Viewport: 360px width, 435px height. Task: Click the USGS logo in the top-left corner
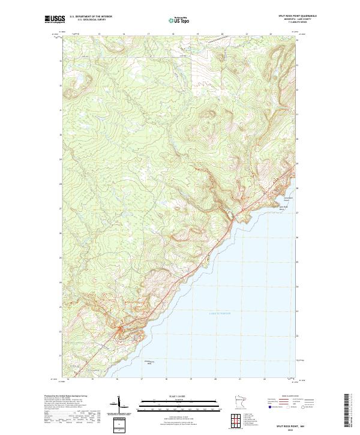(55, 19)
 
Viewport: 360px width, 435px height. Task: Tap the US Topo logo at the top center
(181, 20)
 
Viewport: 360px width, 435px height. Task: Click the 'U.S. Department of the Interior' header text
(91, 16)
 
